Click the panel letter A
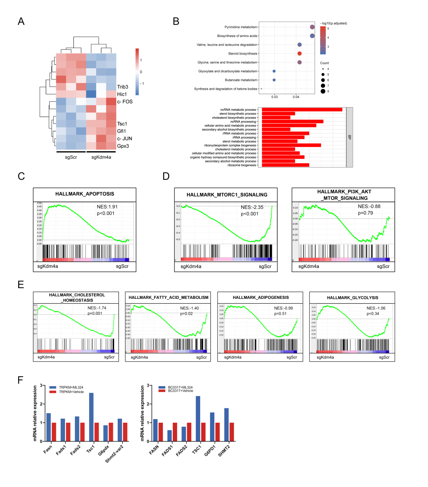click(x=21, y=21)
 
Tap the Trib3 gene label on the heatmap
click(x=122, y=87)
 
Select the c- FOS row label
click(x=125, y=102)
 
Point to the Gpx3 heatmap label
click(x=123, y=146)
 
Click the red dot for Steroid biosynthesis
click(x=299, y=54)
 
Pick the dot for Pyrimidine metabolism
click(x=312, y=27)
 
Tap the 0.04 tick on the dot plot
click(x=296, y=97)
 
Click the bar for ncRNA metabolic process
click(x=302, y=110)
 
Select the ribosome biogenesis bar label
click(x=242, y=165)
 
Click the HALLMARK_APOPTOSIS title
click(x=84, y=194)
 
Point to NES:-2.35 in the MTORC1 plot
click(x=252, y=207)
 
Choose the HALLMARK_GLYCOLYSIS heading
click(x=352, y=298)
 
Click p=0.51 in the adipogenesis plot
click(x=280, y=314)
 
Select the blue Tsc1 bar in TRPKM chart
click(x=91, y=417)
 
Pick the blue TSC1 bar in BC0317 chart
click(x=198, y=418)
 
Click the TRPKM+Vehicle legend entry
click(x=71, y=392)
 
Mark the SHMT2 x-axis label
click(x=224, y=451)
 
